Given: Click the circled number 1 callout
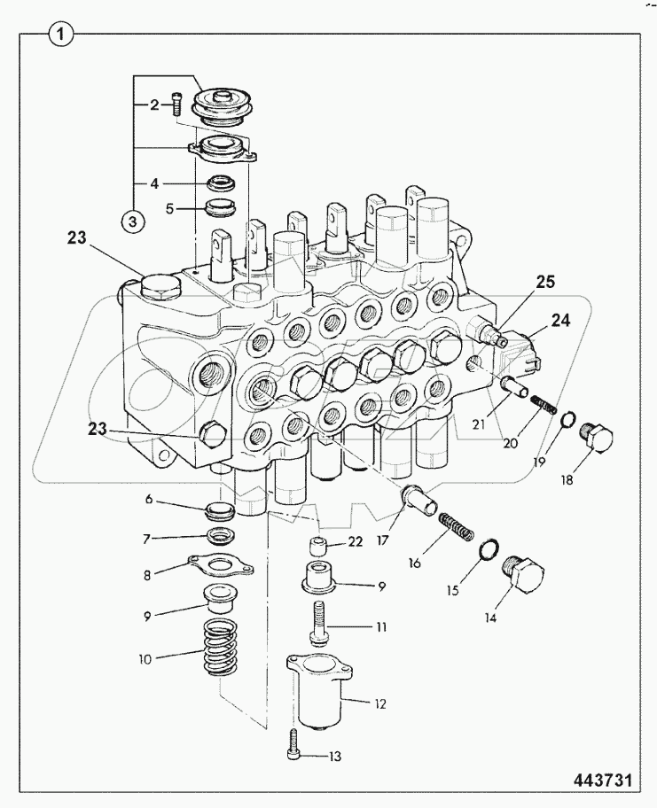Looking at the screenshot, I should pos(59,36).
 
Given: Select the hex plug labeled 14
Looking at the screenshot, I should pos(524,571).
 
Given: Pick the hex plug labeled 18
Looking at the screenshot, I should pos(598,439).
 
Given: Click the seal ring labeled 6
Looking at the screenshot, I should pos(218,511).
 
